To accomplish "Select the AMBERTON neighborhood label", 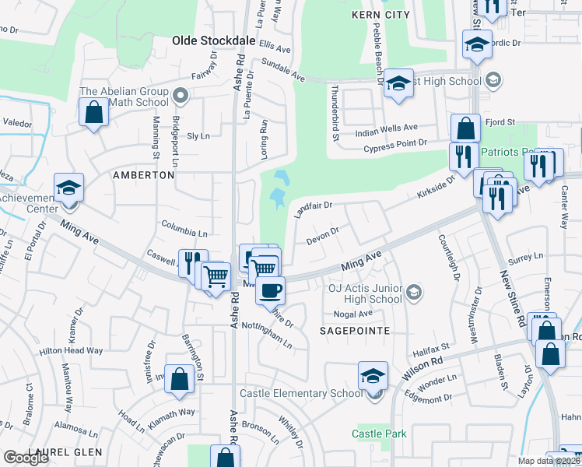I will tap(143, 175).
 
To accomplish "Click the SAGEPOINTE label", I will tap(354, 330).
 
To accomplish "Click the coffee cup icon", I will tap(270, 290).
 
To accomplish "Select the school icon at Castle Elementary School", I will tap(373, 377).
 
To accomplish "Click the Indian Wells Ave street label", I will tap(387, 128).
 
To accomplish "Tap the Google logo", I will tap(26, 458).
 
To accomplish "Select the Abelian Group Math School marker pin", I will tap(181, 97).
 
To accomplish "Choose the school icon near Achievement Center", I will tap(68, 188).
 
